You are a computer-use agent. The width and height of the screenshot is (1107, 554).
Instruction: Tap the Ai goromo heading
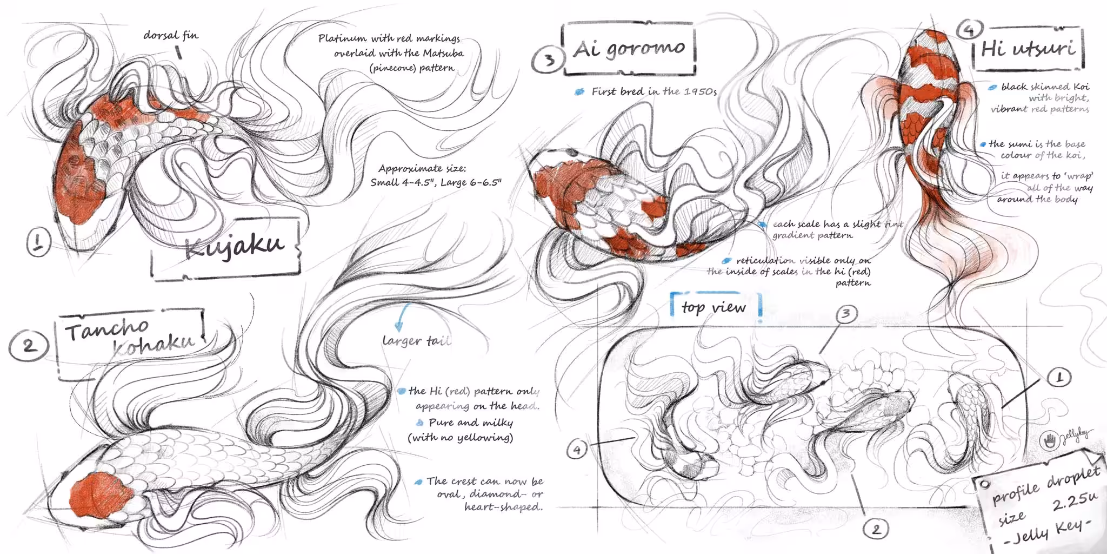pos(629,49)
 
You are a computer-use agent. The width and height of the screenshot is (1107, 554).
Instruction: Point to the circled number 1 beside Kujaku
pos(38,241)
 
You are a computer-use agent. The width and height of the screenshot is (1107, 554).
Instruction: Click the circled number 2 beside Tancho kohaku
pos(29,345)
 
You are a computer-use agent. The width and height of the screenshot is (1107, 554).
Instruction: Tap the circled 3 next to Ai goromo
pos(548,59)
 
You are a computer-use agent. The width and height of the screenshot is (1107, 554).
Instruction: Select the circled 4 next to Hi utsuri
pos(970,29)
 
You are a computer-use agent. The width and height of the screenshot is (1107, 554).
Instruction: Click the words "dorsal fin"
pos(171,36)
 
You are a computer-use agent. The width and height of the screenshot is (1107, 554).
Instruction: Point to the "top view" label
pos(713,307)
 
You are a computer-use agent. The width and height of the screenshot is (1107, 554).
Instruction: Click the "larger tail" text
pos(416,341)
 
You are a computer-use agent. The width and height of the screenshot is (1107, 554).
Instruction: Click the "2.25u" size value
pos(1075,502)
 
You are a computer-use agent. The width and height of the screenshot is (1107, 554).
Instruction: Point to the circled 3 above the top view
pos(846,314)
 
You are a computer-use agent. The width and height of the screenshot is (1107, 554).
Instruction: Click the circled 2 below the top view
pos(876,529)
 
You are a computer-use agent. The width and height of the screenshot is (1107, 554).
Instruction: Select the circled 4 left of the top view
pos(577,449)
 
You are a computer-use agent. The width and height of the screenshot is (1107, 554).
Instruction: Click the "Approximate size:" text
pos(422,168)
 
